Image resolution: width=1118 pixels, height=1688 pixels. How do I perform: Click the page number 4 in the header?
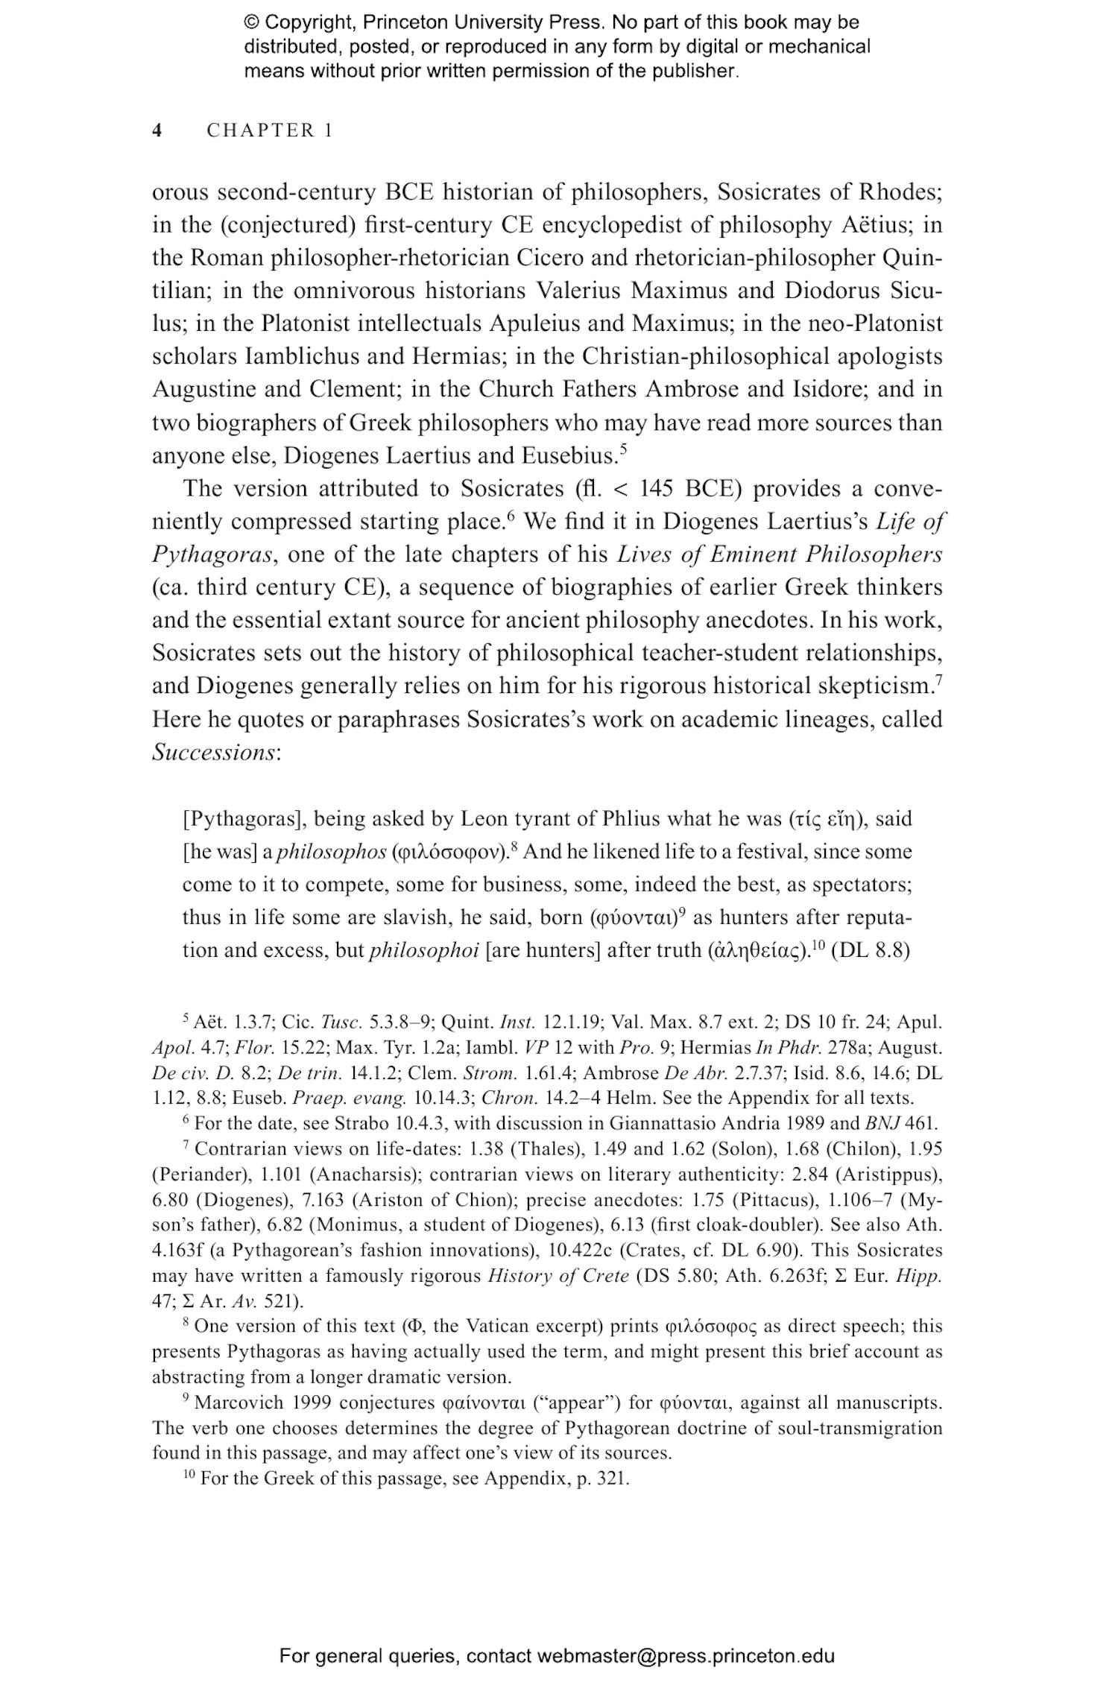click(x=157, y=130)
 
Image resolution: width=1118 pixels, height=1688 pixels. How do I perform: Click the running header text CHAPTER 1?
click(x=269, y=130)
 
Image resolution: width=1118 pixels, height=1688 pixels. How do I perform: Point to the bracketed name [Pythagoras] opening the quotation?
click(x=244, y=819)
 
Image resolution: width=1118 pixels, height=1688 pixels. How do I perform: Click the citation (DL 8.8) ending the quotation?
click(x=870, y=951)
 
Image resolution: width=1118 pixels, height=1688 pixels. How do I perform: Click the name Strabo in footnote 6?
click(x=361, y=1123)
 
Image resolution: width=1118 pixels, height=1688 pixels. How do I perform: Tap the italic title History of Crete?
click(x=558, y=1275)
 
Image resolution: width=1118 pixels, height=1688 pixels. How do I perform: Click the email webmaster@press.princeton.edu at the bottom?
click(x=685, y=1657)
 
